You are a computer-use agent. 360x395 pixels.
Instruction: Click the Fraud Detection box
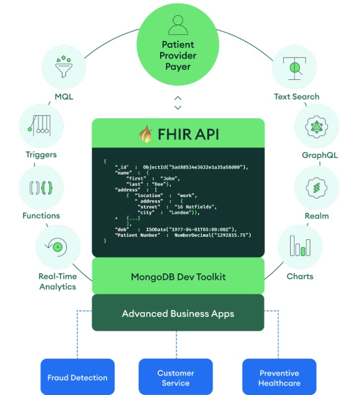[x=77, y=378]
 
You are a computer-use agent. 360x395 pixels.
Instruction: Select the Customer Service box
[x=176, y=378]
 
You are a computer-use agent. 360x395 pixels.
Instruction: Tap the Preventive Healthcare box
[x=279, y=378]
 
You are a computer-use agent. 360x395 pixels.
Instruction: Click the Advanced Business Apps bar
[x=178, y=314]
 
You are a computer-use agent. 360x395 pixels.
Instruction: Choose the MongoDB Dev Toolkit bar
[x=178, y=276]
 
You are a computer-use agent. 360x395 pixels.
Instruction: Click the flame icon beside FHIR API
[x=145, y=134]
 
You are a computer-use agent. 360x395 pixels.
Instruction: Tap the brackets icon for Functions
[x=41, y=187]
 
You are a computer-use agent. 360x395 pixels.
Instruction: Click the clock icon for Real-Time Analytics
[x=58, y=247]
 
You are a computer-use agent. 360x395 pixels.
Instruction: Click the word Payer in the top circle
[x=178, y=66]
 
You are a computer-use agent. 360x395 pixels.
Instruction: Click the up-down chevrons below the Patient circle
[x=178, y=103]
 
